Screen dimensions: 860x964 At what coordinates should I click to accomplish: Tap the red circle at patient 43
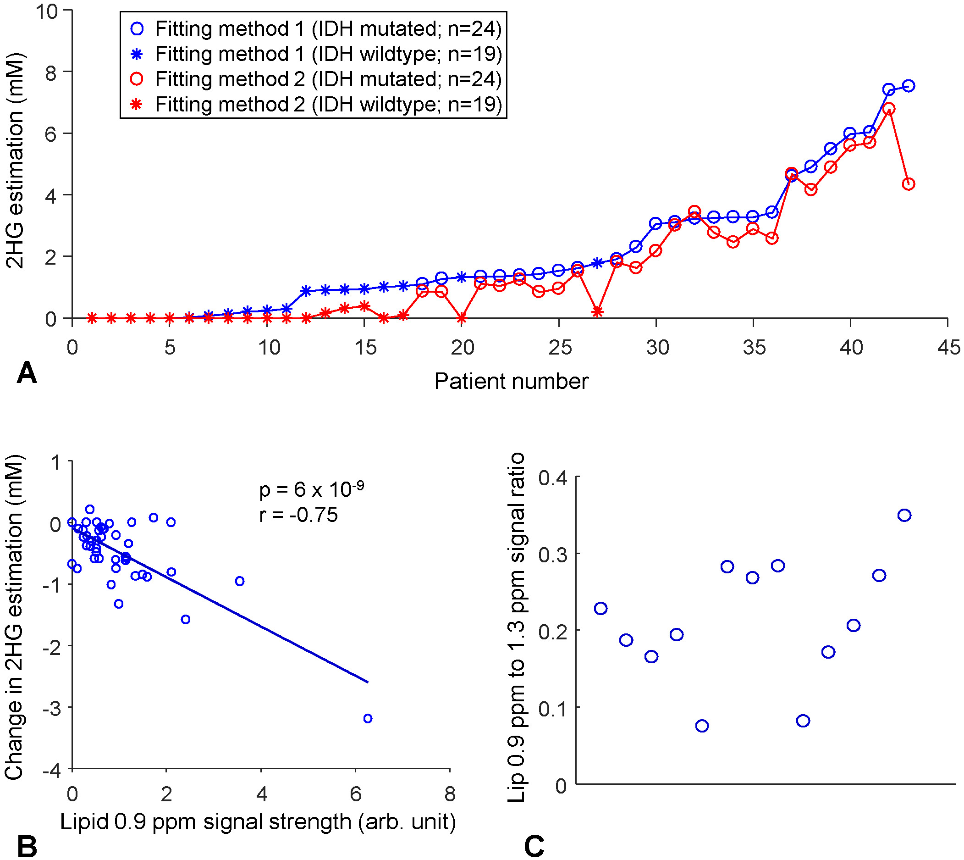coord(908,184)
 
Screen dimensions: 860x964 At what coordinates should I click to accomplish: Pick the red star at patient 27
coord(597,311)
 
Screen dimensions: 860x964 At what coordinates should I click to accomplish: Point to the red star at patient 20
coord(462,318)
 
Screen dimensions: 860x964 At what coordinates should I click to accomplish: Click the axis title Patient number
coord(511,381)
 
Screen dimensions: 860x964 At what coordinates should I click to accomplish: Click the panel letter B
coord(27,846)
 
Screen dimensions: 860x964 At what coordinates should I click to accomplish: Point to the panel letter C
coord(534,846)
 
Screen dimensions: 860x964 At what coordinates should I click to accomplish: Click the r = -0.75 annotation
coord(298,515)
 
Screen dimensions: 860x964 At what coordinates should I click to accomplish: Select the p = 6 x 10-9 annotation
coord(312,489)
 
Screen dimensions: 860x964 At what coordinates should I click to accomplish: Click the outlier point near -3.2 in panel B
coord(368,719)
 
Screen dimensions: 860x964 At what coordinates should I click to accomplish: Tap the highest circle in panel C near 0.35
coord(904,516)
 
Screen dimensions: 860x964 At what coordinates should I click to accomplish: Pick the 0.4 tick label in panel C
coord(553,478)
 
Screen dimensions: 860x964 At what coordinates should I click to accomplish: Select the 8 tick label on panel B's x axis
coord(450,794)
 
